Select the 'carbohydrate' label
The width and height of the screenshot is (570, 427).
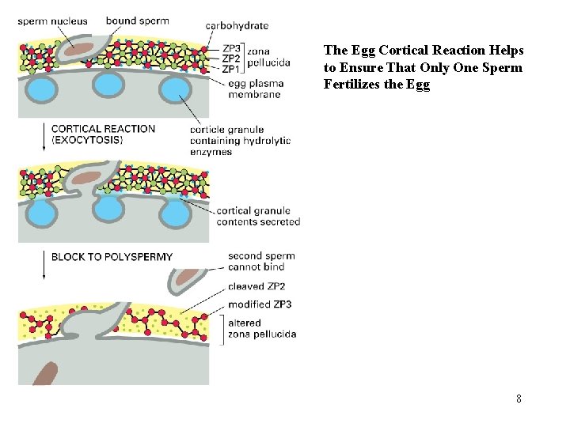[237, 26]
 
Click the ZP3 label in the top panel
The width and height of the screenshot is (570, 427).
[231, 49]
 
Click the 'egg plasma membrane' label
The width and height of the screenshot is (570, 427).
[254, 89]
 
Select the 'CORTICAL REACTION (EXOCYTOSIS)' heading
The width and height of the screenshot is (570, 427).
[103, 134]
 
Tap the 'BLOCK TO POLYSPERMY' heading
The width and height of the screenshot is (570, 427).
[112, 257]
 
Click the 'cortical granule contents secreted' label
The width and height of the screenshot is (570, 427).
[258, 216]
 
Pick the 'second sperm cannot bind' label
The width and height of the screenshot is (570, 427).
[261, 261]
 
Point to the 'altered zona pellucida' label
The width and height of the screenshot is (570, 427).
[261, 328]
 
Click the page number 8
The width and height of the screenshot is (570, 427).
[518, 399]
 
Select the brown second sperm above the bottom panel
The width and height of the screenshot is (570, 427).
[187, 277]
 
